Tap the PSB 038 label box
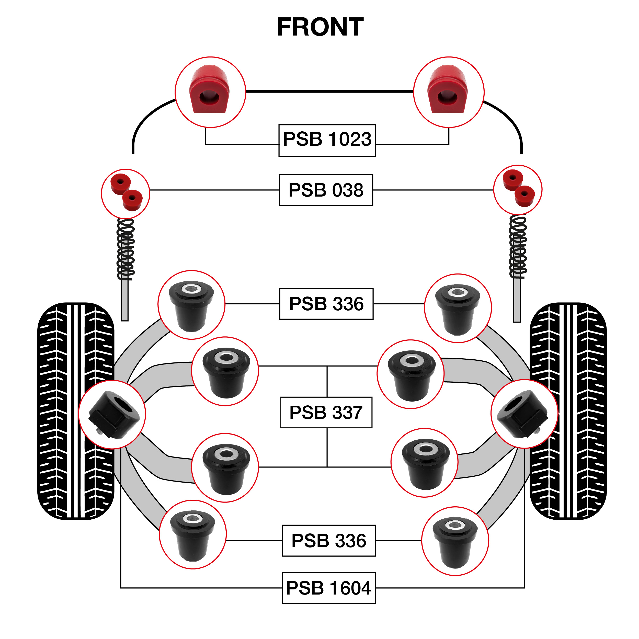(326, 190)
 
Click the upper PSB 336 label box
(326, 304)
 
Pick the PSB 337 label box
(326, 413)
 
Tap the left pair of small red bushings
(126, 192)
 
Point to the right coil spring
(518, 246)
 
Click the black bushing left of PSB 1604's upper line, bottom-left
(192, 535)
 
